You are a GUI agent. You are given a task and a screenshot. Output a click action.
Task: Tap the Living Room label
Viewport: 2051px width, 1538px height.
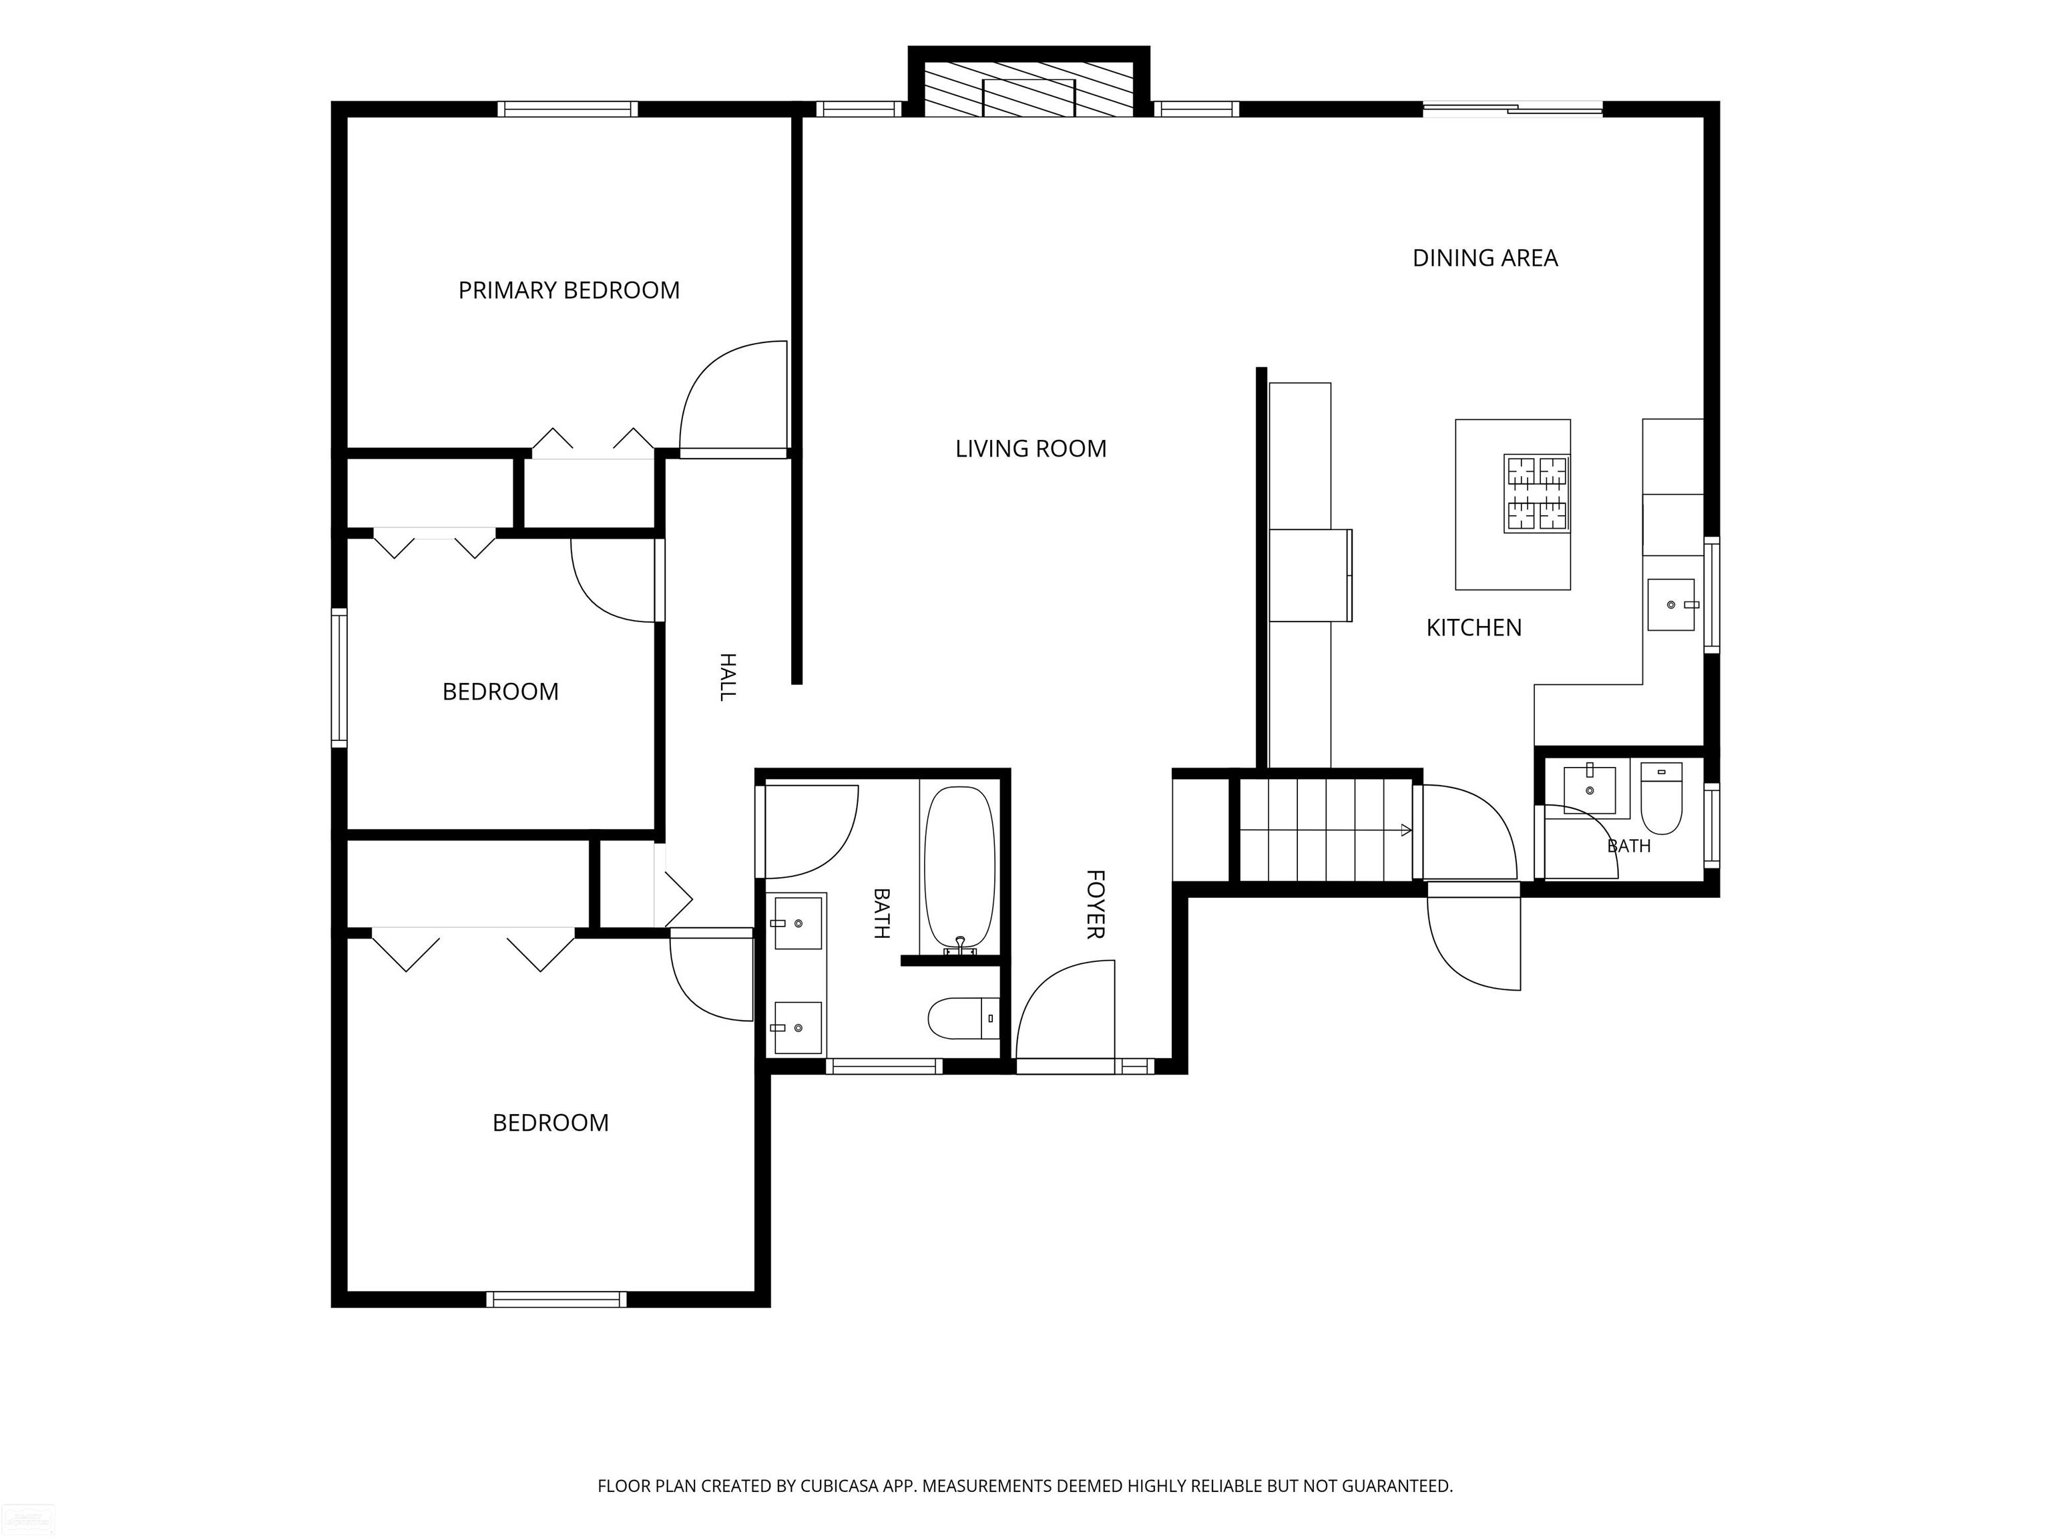pos(1031,449)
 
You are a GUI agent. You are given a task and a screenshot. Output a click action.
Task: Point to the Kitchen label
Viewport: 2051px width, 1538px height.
pos(1473,627)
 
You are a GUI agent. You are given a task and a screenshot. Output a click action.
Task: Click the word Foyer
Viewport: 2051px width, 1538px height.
pos(1095,904)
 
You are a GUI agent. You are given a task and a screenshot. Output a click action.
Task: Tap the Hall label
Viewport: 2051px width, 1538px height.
pos(729,677)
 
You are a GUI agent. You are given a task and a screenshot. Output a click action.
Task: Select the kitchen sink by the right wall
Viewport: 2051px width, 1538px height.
pos(1671,604)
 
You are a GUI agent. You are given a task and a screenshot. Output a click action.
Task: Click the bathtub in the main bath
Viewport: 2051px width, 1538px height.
pos(959,870)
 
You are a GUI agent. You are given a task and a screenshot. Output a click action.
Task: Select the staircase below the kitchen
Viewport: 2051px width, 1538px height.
pos(1326,830)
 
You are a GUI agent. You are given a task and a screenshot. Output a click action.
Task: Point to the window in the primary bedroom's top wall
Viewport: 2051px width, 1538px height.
pos(567,108)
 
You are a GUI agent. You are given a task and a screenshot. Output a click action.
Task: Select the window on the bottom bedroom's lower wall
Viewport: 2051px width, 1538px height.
pos(556,1299)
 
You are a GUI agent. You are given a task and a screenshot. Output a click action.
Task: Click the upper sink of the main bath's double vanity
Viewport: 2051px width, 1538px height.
pos(799,923)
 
